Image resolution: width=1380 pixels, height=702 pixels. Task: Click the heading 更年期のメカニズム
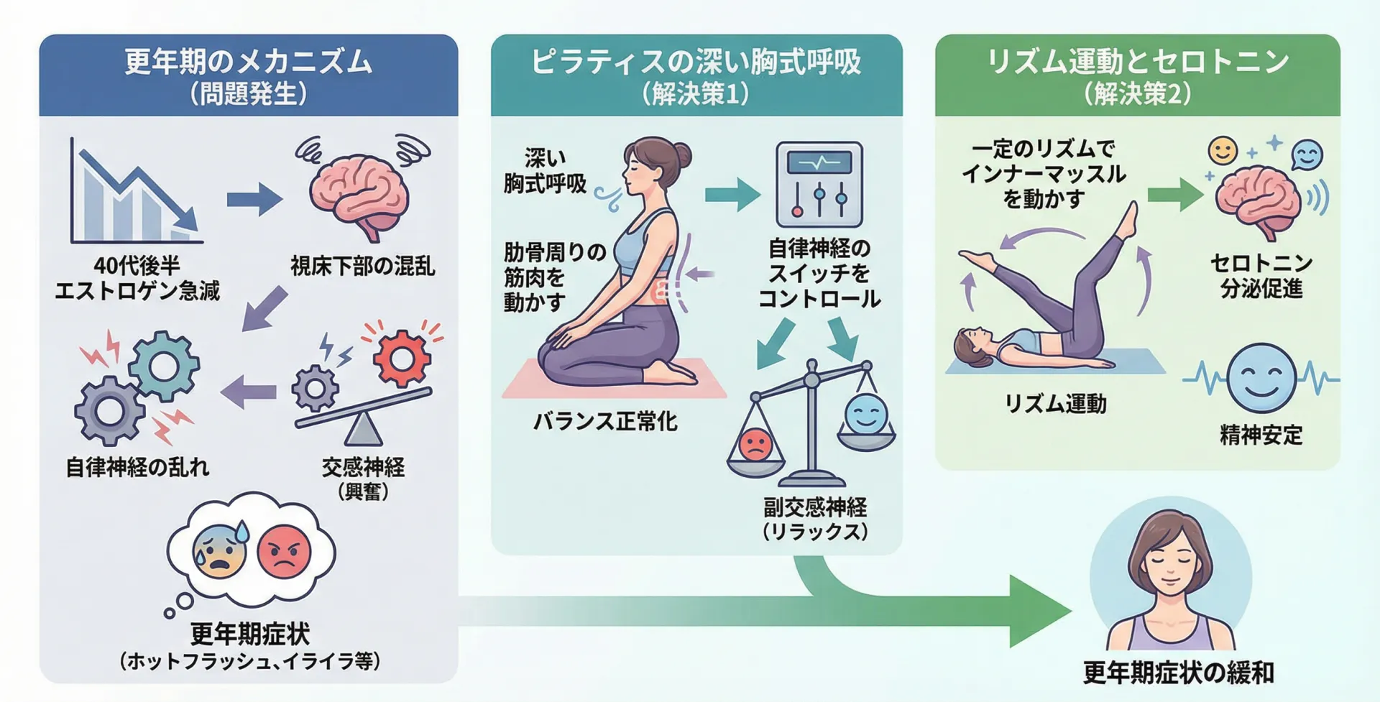click(x=248, y=61)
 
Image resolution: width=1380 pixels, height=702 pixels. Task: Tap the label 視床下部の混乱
click(x=363, y=266)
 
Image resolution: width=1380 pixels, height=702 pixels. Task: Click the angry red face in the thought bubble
click(x=285, y=552)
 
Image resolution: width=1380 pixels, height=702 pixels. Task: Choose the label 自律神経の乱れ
click(x=137, y=467)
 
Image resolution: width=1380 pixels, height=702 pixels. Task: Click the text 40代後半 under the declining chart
click(x=137, y=265)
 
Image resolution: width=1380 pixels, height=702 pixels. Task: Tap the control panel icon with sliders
click(x=819, y=185)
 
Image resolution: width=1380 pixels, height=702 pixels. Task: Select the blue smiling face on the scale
click(x=867, y=415)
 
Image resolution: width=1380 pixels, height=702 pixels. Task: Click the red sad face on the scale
click(x=755, y=445)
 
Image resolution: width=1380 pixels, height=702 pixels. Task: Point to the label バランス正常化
click(x=605, y=421)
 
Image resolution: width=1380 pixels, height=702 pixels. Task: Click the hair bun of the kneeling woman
click(x=680, y=155)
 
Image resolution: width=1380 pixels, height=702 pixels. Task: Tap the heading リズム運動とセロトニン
click(x=1138, y=61)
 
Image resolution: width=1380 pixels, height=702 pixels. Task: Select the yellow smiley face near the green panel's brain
click(x=1223, y=151)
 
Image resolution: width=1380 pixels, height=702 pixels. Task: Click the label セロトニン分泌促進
click(x=1261, y=275)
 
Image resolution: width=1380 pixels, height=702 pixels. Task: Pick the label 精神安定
click(x=1261, y=434)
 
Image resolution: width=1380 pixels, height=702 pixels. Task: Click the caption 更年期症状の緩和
click(x=1178, y=673)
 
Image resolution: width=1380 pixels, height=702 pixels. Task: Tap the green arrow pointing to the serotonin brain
click(x=1176, y=195)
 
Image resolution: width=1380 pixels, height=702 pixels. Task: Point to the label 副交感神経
click(x=815, y=507)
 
